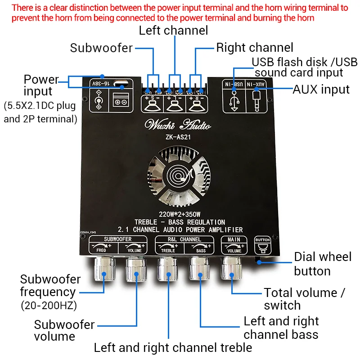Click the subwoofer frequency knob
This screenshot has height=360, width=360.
coord(103,270)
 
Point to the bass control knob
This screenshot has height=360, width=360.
coord(200,270)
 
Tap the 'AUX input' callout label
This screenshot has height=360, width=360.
coord(321,89)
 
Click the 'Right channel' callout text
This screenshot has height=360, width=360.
coord(255,48)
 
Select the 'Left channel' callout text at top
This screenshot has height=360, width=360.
coord(173,31)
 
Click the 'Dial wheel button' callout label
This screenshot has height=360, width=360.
coord(322,264)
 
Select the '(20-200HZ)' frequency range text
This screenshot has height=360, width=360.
coord(49,306)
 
